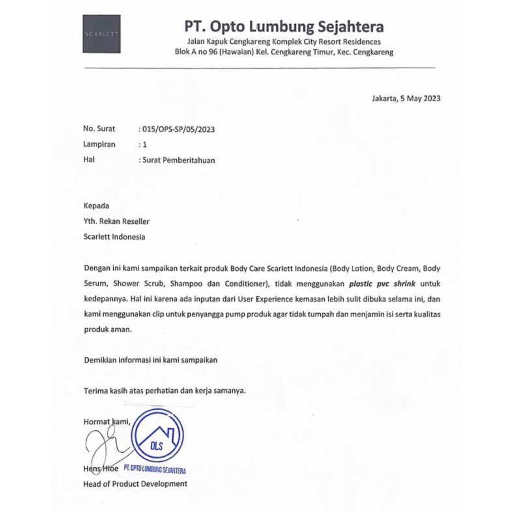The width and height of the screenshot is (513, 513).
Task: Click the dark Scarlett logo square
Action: pos(101,34)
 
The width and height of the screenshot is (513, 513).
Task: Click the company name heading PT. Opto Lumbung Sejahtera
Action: pos(284,26)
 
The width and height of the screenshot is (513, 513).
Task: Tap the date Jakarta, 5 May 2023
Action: pos(406,98)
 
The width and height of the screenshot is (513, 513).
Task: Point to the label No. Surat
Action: pos(99,129)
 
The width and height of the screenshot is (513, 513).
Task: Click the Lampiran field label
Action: pos(99,144)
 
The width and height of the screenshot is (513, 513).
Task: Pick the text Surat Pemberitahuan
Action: pos(179,160)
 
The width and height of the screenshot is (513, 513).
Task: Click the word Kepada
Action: pos(96,205)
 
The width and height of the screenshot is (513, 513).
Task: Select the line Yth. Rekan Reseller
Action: pos(116,221)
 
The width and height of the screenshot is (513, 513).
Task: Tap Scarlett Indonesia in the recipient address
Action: pos(114,237)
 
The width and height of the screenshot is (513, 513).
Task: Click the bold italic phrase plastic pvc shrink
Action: pos(383,284)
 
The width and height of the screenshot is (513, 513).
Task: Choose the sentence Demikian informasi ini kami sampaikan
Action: pos(151,360)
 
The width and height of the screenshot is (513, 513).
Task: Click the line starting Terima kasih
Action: pos(165,391)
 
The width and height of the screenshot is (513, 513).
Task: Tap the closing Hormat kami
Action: pos(107,422)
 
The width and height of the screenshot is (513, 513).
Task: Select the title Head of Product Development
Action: pos(135,484)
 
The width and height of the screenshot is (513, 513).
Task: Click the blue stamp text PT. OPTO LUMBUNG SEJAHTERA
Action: pos(154,470)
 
